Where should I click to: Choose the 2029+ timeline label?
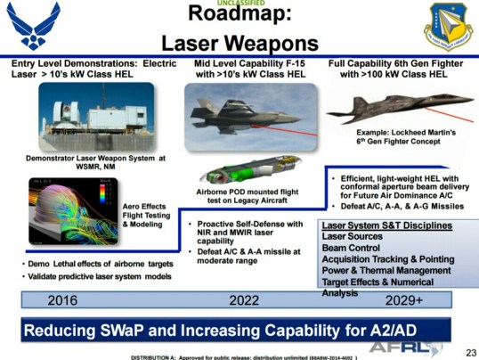(x=402, y=300)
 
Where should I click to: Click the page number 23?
(x=466, y=350)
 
